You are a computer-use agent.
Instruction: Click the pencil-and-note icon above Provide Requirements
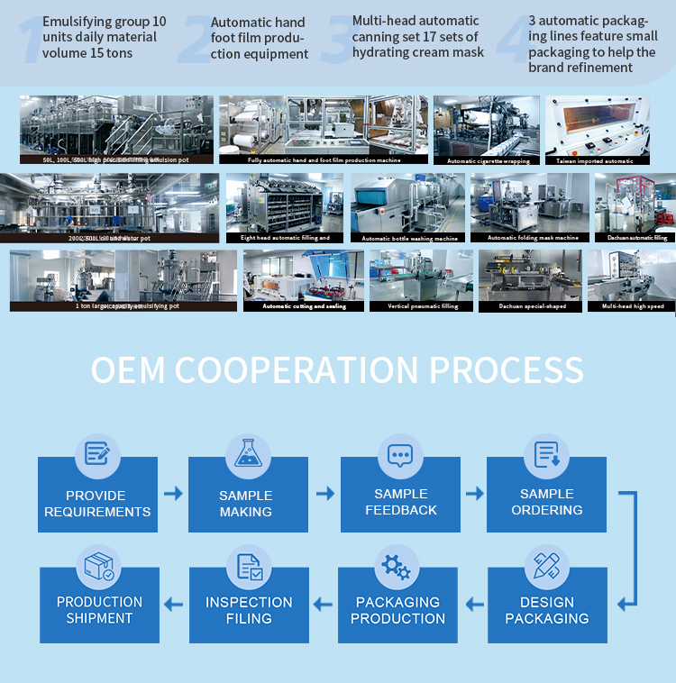(97, 453)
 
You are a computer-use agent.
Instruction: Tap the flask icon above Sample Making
(248, 453)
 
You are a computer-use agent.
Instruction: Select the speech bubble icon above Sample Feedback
(400, 453)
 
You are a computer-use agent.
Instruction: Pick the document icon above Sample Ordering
(547, 453)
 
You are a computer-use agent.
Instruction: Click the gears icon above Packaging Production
(397, 567)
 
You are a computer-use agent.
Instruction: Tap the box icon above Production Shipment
(98, 567)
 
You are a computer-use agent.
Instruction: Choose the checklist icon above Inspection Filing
(249, 567)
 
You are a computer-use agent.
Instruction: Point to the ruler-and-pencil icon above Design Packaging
(547, 567)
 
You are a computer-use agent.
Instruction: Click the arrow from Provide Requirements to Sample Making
(173, 494)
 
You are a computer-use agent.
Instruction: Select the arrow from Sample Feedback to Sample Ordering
(474, 494)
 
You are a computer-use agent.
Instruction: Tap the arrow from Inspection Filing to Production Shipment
(173, 604)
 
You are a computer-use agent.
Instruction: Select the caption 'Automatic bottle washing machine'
(409, 238)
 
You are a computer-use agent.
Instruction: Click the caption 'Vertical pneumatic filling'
(424, 306)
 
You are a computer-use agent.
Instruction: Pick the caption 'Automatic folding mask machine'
(533, 238)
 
